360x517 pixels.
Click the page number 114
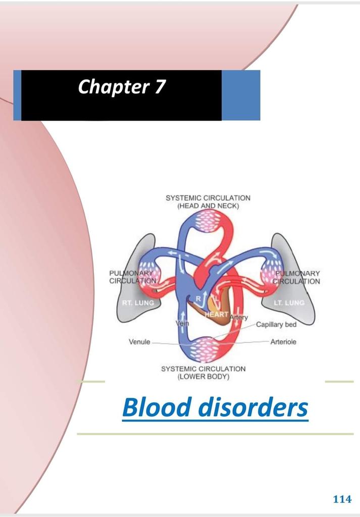[x=342, y=499]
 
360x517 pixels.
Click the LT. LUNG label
[x=289, y=303]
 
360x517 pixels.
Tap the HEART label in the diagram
[x=217, y=315]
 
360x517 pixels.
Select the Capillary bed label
[x=276, y=325]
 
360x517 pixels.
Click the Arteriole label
[x=283, y=342]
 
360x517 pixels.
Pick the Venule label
[x=139, y=342]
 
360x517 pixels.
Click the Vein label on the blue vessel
[x=181, y=323]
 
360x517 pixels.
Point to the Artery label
[x=239, y=318]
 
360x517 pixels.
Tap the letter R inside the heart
[x=198, y=298]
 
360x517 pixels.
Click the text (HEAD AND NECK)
[x=208, y=206]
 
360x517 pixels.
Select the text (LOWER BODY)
[x=203, y=377]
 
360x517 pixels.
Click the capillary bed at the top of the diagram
[x=208, y=220]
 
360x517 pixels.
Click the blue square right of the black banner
[x=241, y=95]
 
